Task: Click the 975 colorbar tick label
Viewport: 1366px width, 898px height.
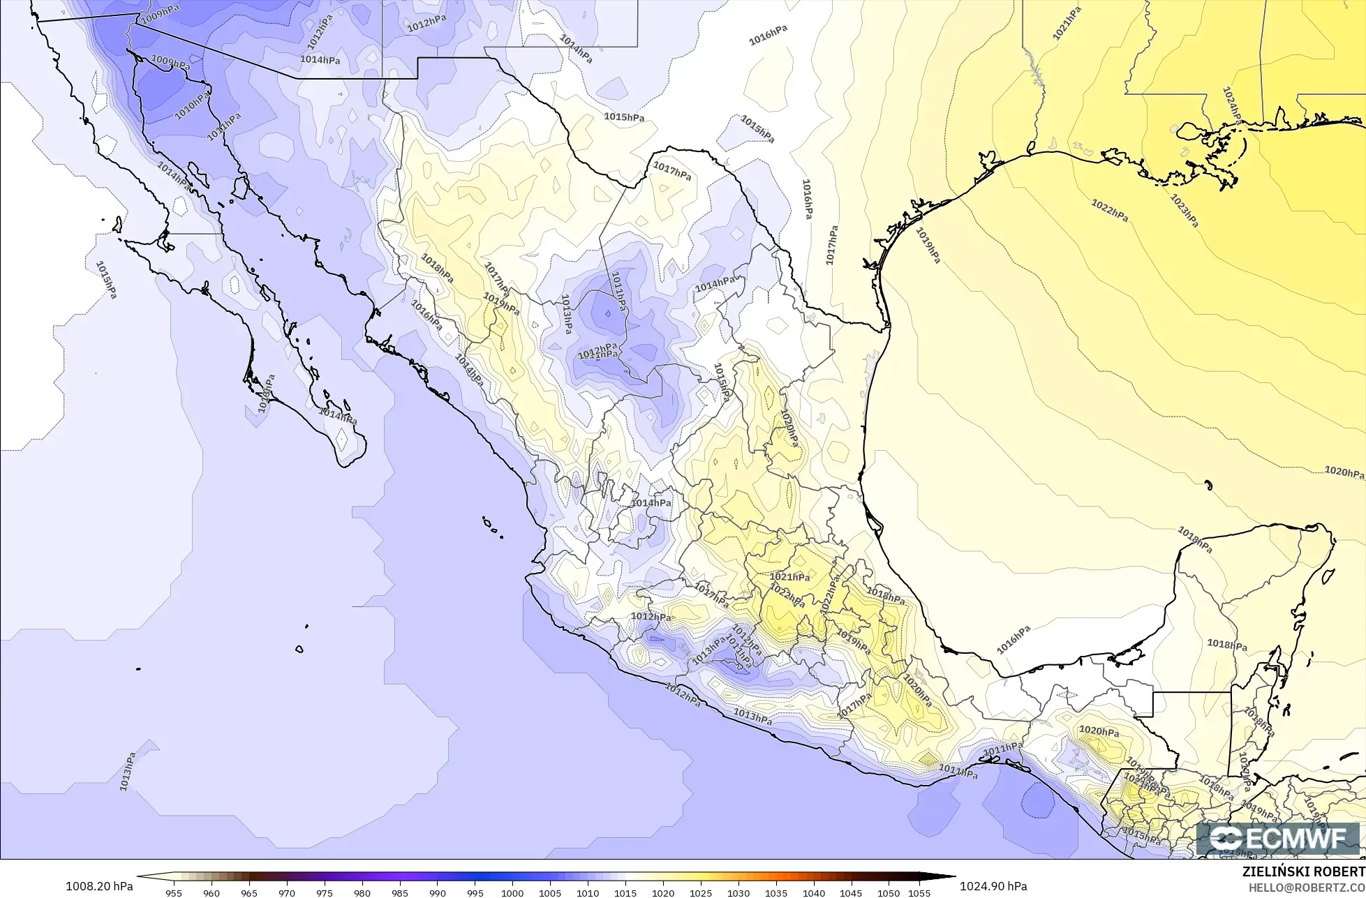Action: click(x=324, y=892)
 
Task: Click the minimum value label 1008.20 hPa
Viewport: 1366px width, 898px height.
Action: click(x=99, y=886)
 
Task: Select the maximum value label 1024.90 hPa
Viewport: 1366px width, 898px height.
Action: click(x=993, y=886)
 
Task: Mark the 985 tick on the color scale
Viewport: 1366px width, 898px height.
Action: click(x=399, y=892)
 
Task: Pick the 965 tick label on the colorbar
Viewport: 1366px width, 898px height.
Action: click(x=249, y=892)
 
